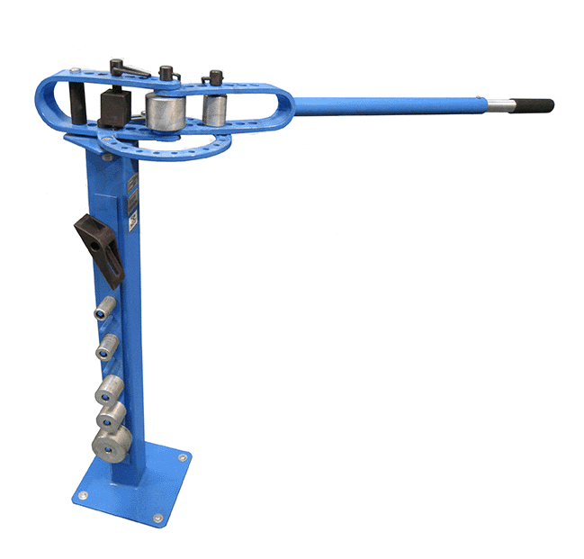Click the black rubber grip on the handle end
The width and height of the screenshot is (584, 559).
coord(535,105)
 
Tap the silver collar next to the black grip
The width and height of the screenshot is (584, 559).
coord(503,105)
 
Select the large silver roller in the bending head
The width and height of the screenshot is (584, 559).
coord(166,113)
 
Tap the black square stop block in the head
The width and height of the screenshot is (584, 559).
coord(115,106)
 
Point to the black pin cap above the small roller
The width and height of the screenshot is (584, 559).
coord(214,77)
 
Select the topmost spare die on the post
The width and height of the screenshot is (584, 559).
coord(108,307)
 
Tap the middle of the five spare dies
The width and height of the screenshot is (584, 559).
coord(110,391)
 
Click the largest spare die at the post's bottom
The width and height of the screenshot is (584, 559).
coord(110,442)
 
